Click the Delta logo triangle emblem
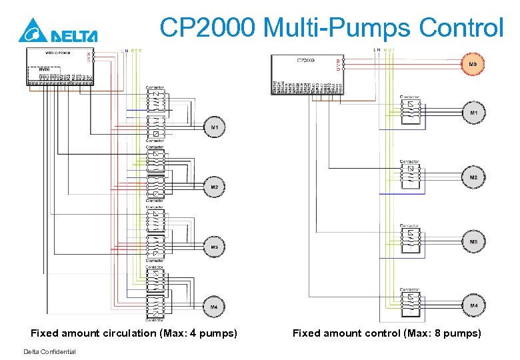(30, 31)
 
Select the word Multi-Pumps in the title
(338, 28)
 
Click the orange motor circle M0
(473, 64)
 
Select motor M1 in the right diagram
(473, 113)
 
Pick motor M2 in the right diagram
(473, 177)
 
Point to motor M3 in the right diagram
(473, 241)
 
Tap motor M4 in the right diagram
(473, 305)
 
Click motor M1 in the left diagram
(215, 127)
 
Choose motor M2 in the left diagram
(215, 187)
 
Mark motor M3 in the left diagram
(215, 247)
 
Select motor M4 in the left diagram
(215, 307)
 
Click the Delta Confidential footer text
(49, 352)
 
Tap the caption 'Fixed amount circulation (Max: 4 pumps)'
(134, 333)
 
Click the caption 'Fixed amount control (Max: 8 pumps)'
(387, 333)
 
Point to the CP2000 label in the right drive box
(305, 60)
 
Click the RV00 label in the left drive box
(44, 69)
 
